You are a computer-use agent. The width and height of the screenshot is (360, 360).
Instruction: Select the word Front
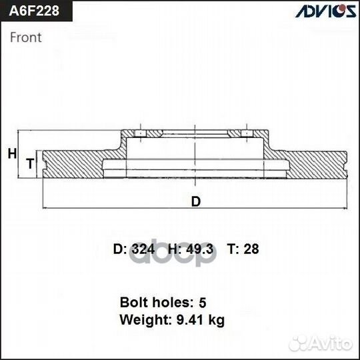click(26, 37)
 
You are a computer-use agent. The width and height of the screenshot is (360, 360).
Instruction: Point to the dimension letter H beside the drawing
click(12, 154)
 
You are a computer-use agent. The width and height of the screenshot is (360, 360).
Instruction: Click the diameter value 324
click(143, 249)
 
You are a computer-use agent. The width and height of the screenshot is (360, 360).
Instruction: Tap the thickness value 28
click(251, 249)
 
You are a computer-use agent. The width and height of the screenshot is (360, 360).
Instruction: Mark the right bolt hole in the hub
click(245, 135)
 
